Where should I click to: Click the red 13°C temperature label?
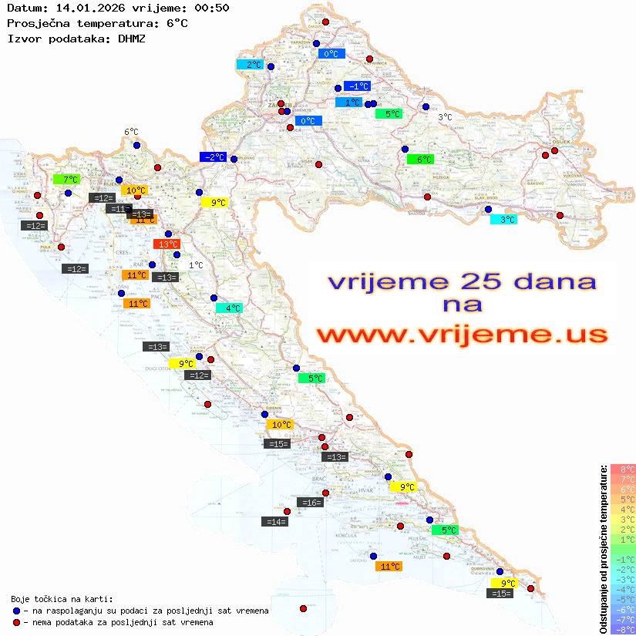coord(167,244)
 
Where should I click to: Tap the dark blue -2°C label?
coord(213,157)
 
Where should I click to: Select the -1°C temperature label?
coord(357,86)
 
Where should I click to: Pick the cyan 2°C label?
coord(250,65)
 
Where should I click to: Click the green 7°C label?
coord(66,179)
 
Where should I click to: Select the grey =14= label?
coord(275,522)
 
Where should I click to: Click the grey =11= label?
coord(119,209)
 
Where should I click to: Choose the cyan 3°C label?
coord(503,220)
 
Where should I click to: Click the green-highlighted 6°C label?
coord(420,160)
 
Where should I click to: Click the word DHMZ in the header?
coord(132,38)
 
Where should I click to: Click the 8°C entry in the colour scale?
coord(623,469)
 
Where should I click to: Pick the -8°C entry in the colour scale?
coord(623,629)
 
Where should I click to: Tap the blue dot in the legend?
coord(17,611)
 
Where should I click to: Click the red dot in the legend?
coord(17,622)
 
